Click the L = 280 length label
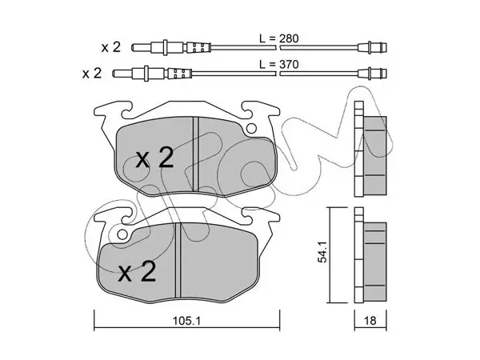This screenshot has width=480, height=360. (278, 39)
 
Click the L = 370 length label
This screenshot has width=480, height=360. (278, 65)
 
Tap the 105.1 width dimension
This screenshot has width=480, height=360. (186, 321)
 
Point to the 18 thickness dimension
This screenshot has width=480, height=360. (370, 321)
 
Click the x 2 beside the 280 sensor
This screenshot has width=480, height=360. (111, 47)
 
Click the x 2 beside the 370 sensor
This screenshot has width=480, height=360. (92, 73)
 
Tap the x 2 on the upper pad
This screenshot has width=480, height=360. (155, 158)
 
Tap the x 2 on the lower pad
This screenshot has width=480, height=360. (137, 271)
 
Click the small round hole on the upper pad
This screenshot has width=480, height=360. (252, 128)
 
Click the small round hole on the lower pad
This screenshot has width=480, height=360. (122, 234)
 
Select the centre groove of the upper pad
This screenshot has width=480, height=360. (196, 154)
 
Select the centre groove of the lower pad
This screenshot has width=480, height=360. (178, 260)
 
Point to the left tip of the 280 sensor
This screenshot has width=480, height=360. (133, 47)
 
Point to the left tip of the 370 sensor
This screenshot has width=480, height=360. (114, 74)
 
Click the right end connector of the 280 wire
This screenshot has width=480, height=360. (372, 47)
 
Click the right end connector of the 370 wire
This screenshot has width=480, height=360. (372, 74)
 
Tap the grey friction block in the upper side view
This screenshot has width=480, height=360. (375, 155)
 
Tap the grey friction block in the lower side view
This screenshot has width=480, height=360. (375, 262)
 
